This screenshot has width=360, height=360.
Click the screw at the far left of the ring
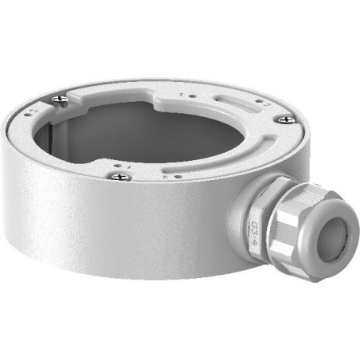click(x=59, y=100)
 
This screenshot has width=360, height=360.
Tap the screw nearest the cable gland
click(x=284, y=119)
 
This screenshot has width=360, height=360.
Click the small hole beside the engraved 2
click(x=258, y=101)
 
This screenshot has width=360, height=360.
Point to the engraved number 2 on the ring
click(x=268, y=104)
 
